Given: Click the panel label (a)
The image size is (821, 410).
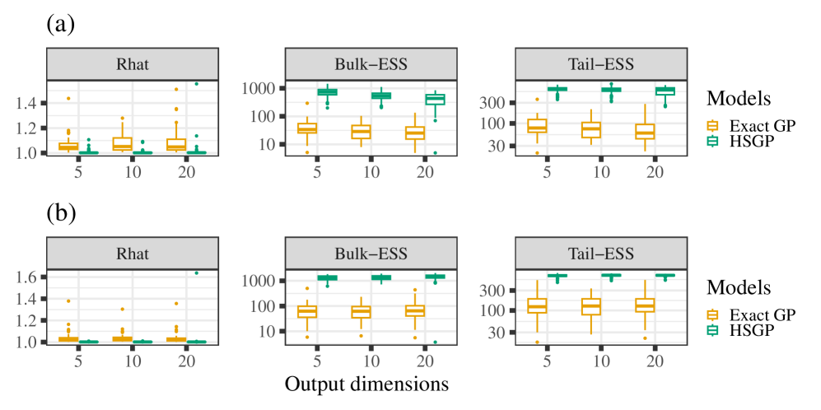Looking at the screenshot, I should pyautogui.click(x=60, y=24).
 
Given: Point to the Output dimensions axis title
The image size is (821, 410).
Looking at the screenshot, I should pyautogui.click(x=366, y=384).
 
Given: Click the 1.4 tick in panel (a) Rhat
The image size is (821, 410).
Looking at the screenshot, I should pyautogui.click(x=26, y=103).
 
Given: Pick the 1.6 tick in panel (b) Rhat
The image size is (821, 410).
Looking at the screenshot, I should pyautogui.click(x=26, y=277).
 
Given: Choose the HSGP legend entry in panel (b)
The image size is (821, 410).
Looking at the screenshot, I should pyautogui.click(x=743, y=329).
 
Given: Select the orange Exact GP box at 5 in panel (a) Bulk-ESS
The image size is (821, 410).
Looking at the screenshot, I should pyautogui.click(x=306, y=128).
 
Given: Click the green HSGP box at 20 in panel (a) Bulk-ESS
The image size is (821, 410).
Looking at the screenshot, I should pyautogui.click(x=436, y=99).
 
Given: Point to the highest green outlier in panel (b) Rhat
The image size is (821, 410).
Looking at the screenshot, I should pyautogui.click(x=197, y=273).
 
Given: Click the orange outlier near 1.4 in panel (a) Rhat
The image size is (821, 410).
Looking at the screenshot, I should pyautogui.click(x=68, y=99).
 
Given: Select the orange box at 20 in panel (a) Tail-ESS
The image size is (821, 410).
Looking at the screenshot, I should pyautogui.click(x=644, y=131).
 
